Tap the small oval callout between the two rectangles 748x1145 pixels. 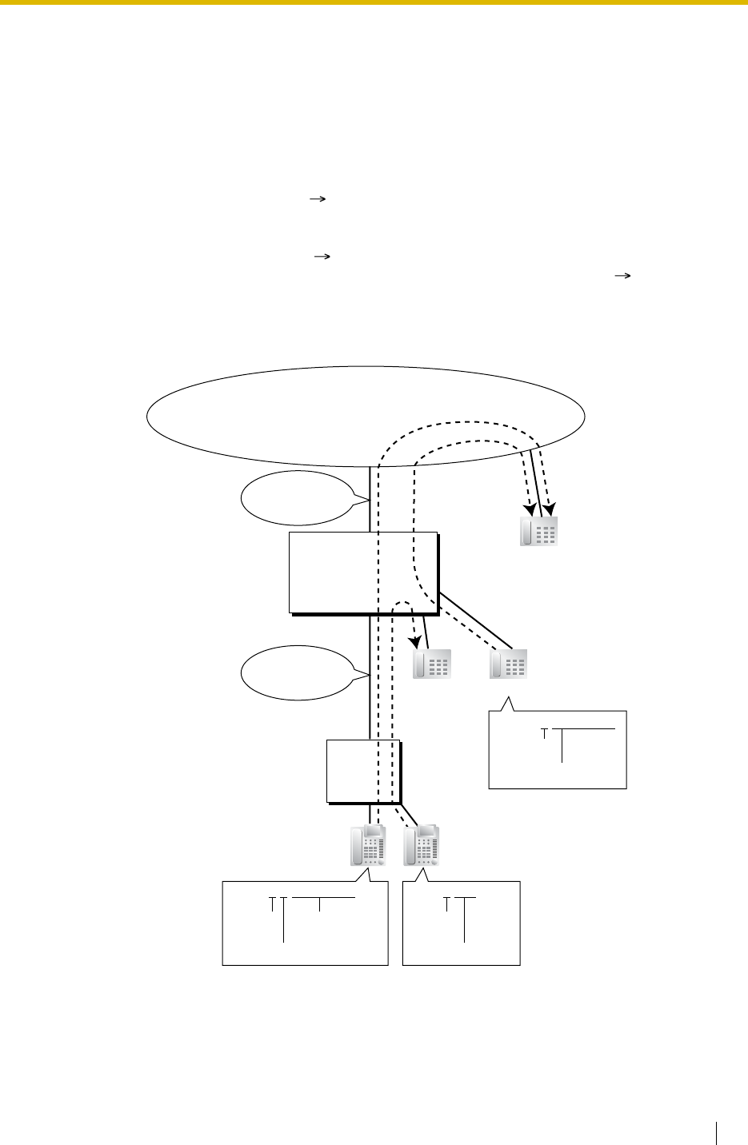[x=297, y=672]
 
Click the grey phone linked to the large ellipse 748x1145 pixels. [x=538, y=532]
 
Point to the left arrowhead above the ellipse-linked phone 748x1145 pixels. [x=529, y=508]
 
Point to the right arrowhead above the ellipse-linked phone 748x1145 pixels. [x=551, y=508]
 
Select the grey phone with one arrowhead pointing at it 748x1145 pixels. [x=432, y=664]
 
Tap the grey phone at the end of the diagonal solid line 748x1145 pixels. [x=509, y=664]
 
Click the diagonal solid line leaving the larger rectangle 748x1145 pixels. [x=475, y=620]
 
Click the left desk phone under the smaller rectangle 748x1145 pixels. [x=368, y=846]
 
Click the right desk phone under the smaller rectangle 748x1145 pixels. [x=421, y=846]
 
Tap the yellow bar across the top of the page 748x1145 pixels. [x=374, y=3]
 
